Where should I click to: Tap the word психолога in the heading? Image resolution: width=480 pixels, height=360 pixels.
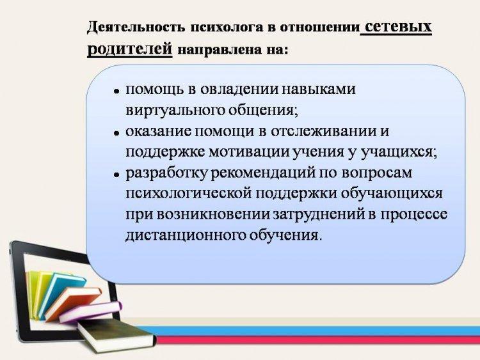pyautogui.click(x=227, y=27)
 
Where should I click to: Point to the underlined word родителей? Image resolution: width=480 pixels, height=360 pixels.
pyautogui.click(x=130, y=49)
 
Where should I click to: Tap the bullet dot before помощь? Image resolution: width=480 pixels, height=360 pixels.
pyautogui.click(x=116, y=91)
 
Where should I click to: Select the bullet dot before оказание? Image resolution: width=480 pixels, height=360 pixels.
pyautogui.click(x=116, y=133)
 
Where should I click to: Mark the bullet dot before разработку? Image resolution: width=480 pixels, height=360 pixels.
pyautogui.click(x=116, y=175)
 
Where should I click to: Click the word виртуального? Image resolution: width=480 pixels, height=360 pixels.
pyautogui.click(x=175, y=110)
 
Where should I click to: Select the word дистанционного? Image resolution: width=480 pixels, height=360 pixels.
pyautogui.click(x=186, y=235)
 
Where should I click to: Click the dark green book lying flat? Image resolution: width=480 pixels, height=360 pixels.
pyautogui.click(x=116, y=335)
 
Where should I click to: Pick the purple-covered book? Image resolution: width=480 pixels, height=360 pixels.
pyautogui.click(x=91, y=311)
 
